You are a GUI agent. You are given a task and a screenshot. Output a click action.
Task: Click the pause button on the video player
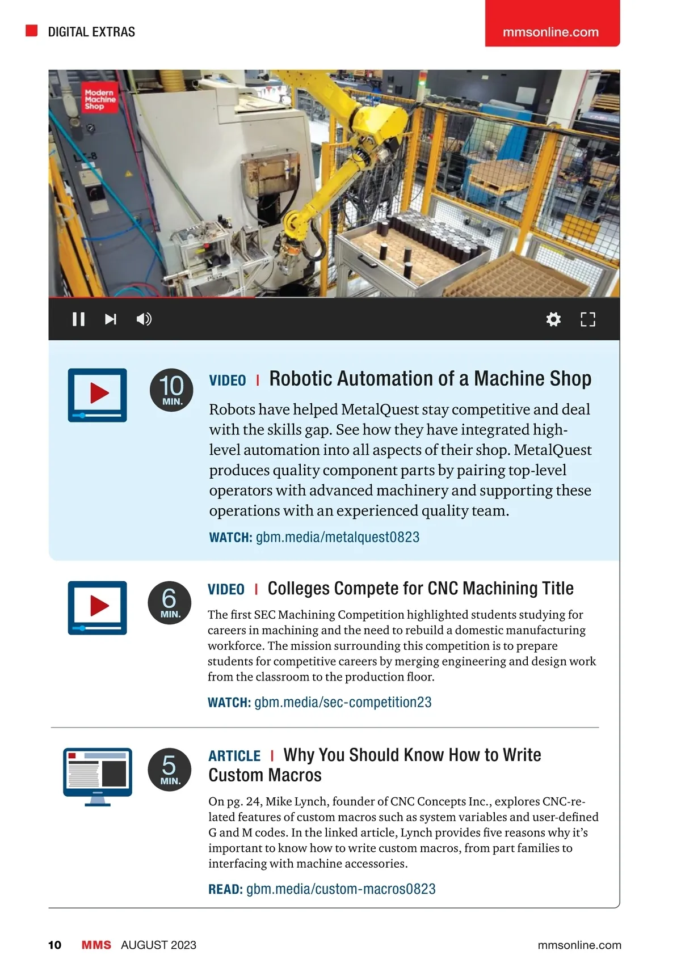tap(79, 319)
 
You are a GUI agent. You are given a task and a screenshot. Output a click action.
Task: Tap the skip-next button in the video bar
tap(111, 319)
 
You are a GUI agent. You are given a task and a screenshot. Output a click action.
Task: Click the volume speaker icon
tap(144, 319)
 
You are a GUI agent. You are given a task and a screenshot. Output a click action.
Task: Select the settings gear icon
tap(553, 319)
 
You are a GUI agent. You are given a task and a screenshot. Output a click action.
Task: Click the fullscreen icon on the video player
tap(588, 319)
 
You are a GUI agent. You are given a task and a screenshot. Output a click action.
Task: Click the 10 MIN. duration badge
tap(171, 390)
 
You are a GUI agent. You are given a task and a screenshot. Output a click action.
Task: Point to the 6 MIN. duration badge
tap(169, 603)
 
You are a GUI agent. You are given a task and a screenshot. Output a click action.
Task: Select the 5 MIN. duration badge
tap(169, 770)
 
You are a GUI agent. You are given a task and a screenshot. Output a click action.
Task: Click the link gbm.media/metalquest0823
tap(338, 537)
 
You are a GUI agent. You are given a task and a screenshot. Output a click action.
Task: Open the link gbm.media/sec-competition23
tap(343, 702)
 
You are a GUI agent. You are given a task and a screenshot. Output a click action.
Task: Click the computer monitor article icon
tap(98, 777)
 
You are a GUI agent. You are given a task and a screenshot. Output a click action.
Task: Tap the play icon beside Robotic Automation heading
tap(97, 395)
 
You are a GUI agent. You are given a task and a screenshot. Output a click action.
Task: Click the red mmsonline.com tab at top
tap(552, 23)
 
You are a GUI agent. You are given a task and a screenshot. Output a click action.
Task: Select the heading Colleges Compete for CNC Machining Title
tap(421, 589)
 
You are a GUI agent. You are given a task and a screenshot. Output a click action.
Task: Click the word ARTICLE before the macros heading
tap(234, 756)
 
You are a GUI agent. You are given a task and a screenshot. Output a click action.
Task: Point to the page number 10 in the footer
tap(54, 945)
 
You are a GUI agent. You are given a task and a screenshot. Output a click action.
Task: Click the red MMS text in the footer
tap(96, 945)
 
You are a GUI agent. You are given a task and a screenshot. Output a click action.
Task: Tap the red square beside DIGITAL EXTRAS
tap(32, 31)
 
